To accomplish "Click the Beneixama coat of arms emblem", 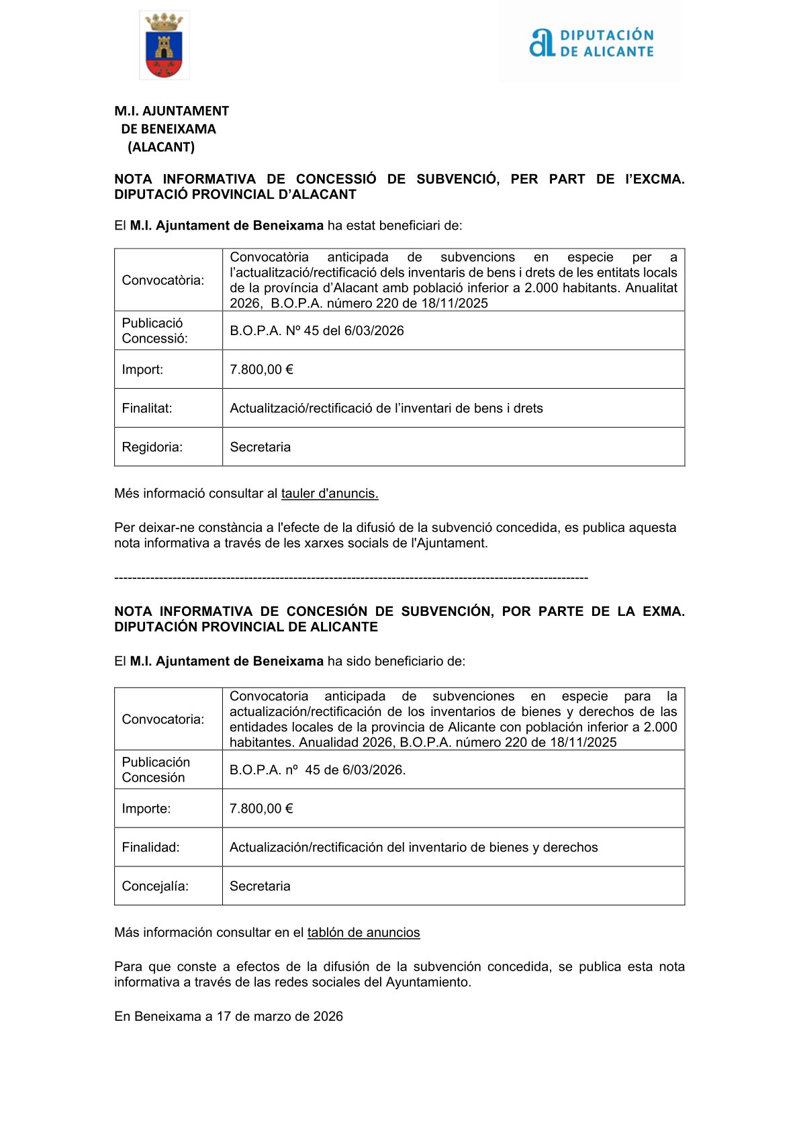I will [164, 46].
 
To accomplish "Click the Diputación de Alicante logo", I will [591, 43].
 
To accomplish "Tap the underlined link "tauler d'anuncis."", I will [330, 494].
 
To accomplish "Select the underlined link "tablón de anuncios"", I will [363, 933].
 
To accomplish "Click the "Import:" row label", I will [142, 369].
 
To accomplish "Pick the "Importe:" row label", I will [146, 809].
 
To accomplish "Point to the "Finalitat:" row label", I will [147, 408].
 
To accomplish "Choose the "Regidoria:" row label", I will [152, 447].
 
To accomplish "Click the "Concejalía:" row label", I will [155, 887].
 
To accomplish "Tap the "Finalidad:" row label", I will [150, 848].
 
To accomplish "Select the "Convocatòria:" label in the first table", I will [163, 280].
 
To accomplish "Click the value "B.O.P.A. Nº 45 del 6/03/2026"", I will [317, 330].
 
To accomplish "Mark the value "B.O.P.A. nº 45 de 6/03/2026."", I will [318, 770].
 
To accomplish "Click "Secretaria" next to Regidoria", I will [261, 447].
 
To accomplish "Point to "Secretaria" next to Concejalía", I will [260, 887].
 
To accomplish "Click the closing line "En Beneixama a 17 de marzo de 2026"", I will [228, 1017].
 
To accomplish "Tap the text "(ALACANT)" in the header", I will [161, 147].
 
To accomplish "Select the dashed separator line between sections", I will [351, 578].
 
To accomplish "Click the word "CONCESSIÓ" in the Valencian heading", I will [336, 179].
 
